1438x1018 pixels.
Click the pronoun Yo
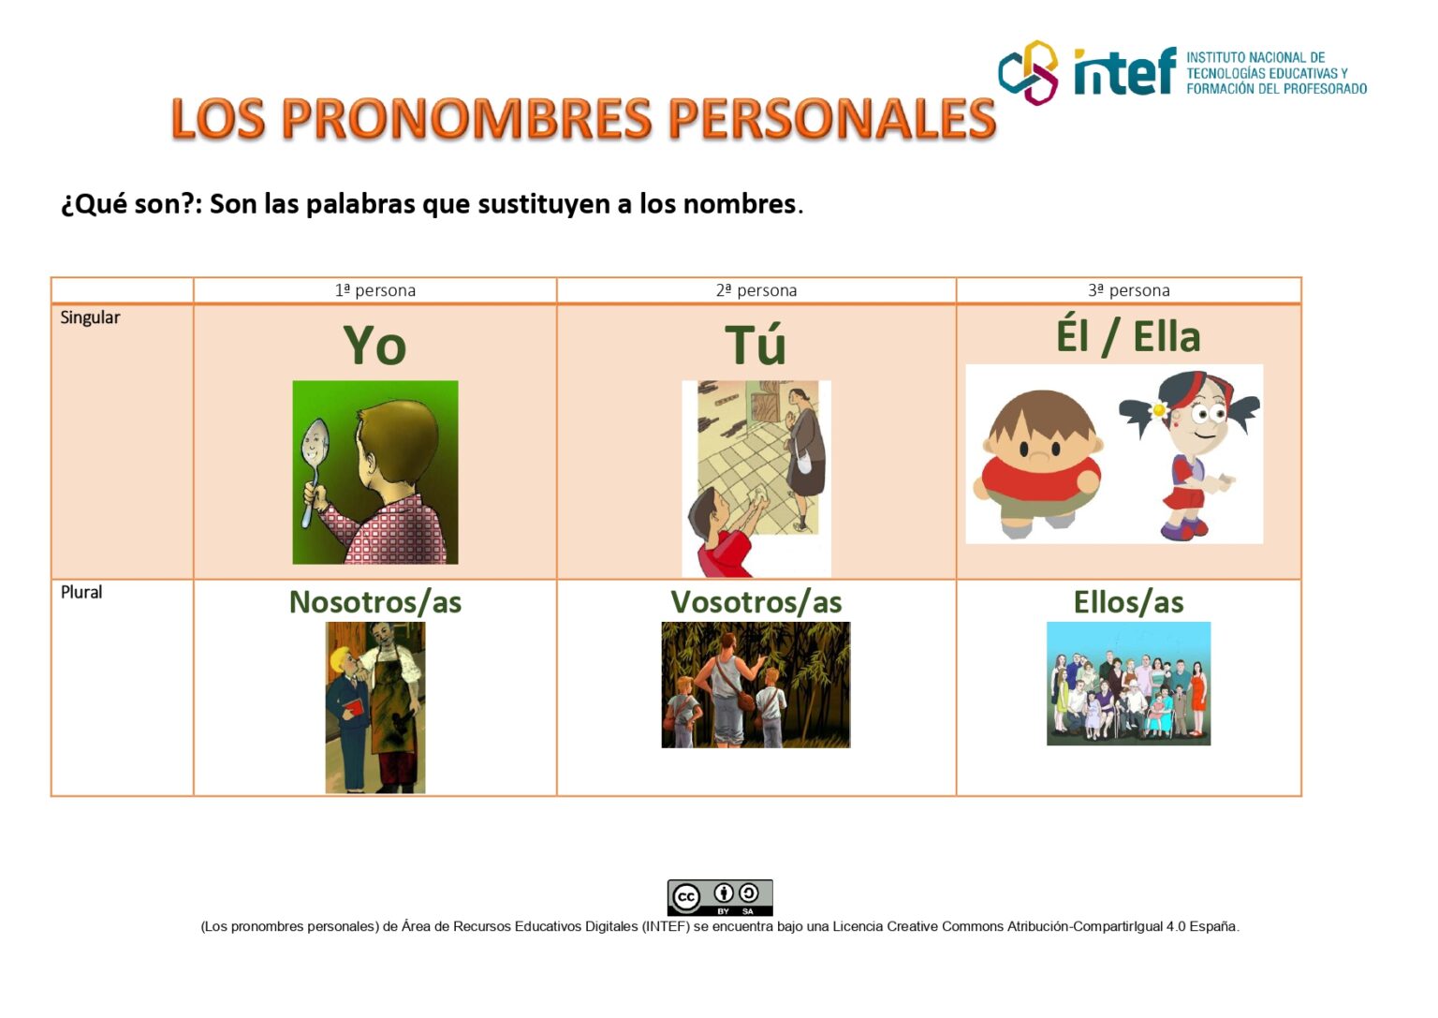coord(374,346)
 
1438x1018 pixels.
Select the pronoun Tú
coord(756,346)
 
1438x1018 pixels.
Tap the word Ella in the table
coord(1167,337)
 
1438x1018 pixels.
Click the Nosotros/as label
coord(374,602)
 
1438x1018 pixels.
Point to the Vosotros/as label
coord(756,602)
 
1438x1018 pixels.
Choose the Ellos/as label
coord(1128,602)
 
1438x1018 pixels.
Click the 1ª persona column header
coord(374,290)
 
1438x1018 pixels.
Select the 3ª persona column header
coord(1128,290)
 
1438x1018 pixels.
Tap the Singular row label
coord(90,317)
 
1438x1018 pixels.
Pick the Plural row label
coord(81,592)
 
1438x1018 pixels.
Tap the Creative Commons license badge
coord(719,897)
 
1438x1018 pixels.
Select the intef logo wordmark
coord(1123,72)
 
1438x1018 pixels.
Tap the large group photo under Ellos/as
coord(1128,684)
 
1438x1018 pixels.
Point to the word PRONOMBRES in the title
coord(466,119)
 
